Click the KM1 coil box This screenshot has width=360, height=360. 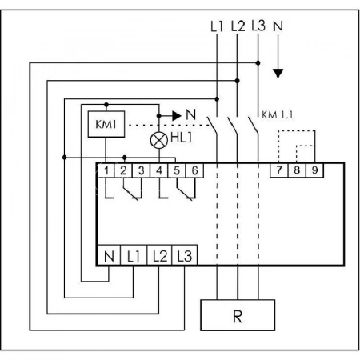pos(106,124)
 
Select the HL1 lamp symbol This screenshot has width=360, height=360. pos(159,140)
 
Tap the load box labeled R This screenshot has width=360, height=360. pos(238,315)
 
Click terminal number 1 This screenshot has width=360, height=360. pos(106,170)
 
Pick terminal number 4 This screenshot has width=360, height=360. pos(159,170)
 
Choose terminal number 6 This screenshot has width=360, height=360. pos(194,170)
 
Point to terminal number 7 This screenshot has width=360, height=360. pos(279,170)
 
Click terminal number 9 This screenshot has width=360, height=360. pos(314,170)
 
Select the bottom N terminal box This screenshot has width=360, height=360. pos(109,255)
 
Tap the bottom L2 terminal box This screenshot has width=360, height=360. pos(159,255)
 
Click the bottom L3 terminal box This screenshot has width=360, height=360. pos(185,255)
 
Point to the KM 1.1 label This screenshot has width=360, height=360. pos(278,115)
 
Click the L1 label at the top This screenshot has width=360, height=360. pos(217,26)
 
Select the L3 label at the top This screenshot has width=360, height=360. pos(258,26)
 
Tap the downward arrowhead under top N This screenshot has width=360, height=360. pos(278,74)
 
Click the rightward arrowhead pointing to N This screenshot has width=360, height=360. pos(177,116)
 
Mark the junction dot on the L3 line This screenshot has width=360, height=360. pos(258,63)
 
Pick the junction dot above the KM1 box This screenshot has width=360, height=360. pos(106,104)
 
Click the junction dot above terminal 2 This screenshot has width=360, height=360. pos(124,158)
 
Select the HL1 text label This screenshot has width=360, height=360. pos(181,138)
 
